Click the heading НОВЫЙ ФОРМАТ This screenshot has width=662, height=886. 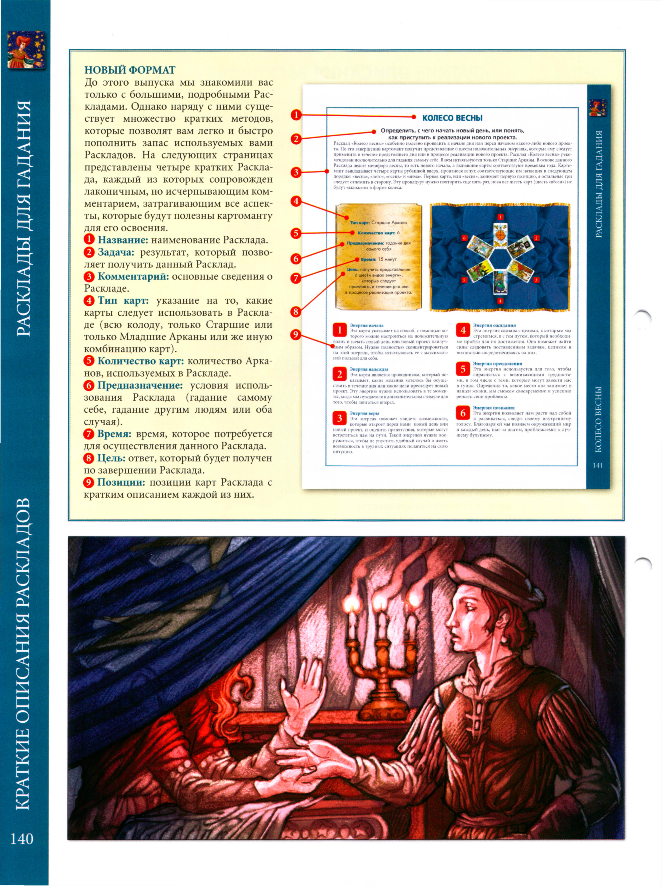click(130, 70)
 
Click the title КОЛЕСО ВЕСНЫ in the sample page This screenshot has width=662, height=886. click(452, 118)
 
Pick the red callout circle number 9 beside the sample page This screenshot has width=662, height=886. click(296, 335)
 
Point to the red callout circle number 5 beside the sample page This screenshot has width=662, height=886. click(296, 233)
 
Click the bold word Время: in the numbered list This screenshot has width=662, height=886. click(114, 434)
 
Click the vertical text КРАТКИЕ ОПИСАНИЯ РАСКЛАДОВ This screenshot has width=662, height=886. click(23, 653)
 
